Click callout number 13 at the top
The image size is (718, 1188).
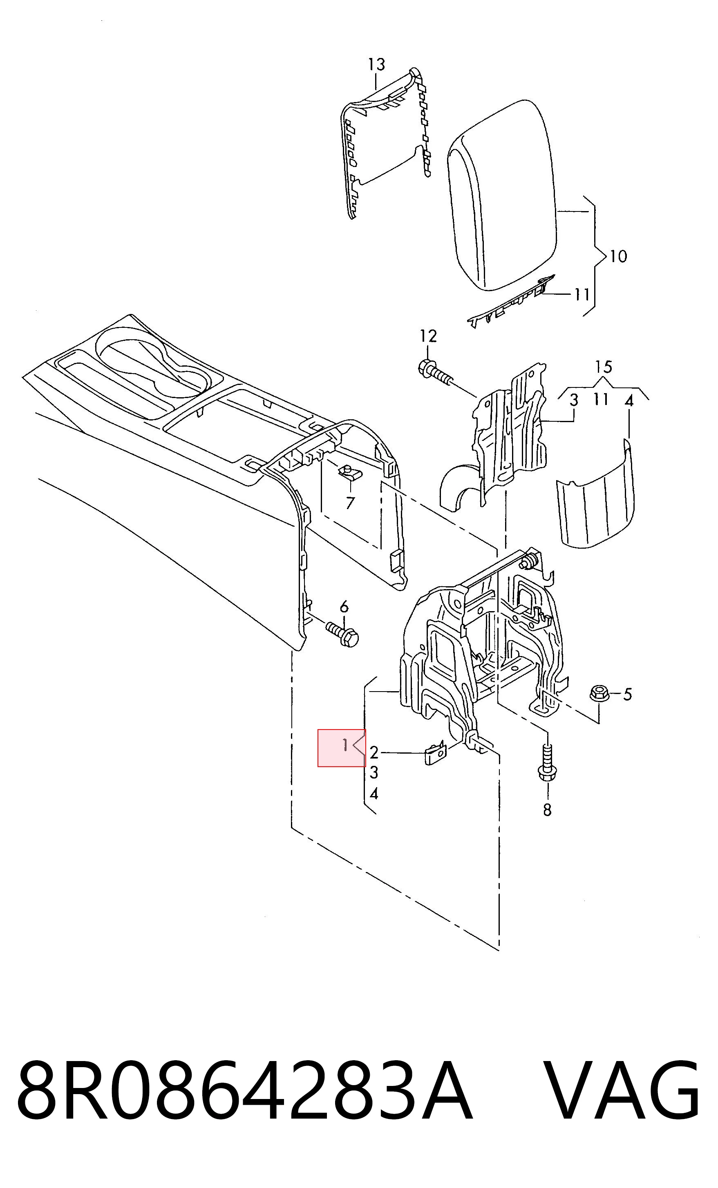point(376,64)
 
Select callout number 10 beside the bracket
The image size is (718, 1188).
point(618,256)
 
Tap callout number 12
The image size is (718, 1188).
point(428,336)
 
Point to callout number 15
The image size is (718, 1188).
point(603,367)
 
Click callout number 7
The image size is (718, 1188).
point(350,503)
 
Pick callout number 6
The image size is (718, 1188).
point(344,607)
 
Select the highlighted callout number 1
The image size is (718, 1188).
point(345,745)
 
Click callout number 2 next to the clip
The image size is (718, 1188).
point(374,752)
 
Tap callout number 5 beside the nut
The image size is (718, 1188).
point(627,694)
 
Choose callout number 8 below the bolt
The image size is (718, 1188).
point(547,810)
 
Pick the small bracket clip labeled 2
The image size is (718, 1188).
point(435,753)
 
